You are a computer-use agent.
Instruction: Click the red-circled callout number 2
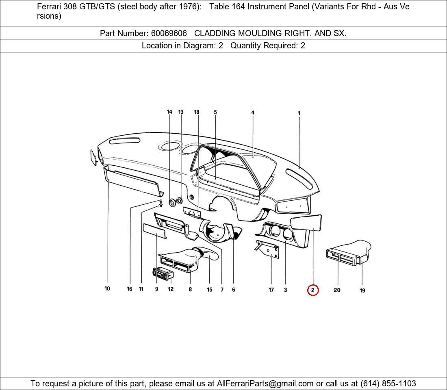(312, 290)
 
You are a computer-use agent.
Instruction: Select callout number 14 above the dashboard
(169, 112)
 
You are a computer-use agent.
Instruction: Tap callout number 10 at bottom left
(107, 289)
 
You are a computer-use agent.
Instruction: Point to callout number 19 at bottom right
(362, 290)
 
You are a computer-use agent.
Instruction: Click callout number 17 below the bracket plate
(271, 290)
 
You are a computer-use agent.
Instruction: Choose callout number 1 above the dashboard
(299, 113)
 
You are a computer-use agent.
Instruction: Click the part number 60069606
(166, 33)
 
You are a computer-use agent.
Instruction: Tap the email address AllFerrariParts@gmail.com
(265, 383)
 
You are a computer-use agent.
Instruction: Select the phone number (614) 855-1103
(388, 383)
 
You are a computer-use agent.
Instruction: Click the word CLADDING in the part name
(215, 33)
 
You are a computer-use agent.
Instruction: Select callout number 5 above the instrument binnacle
(215, 113)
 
